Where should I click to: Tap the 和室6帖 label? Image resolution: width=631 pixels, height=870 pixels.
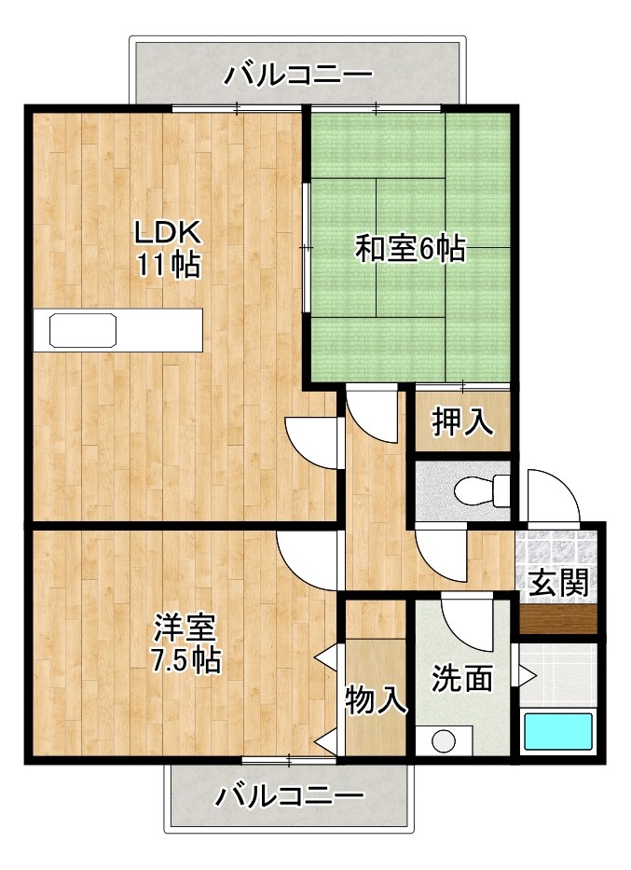click(410, 249)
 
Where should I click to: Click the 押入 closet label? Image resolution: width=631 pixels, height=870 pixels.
click(462, 421)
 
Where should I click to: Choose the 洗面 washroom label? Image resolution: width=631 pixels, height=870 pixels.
click(462, 678)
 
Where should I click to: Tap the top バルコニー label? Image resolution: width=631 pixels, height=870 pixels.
click(298, 74)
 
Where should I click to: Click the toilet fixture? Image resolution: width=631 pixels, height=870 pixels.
click(485, 488)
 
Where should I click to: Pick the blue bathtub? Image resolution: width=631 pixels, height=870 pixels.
click(557, 730)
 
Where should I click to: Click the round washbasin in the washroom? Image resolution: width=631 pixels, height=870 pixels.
click(444, 742)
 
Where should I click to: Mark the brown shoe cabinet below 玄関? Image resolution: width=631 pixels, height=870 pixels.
click(557, 619)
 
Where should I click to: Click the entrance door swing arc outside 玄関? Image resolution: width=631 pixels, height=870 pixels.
click(552, 494)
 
